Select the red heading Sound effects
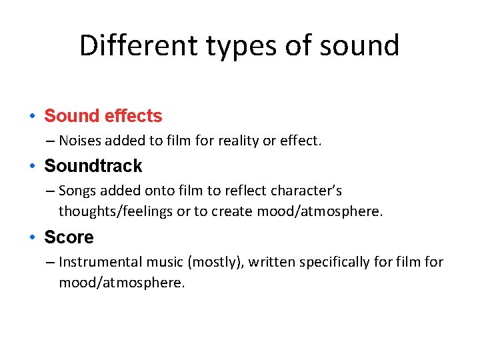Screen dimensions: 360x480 click(103, 116)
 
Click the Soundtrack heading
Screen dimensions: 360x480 click(93, 166)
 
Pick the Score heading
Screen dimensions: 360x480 click(69, 237)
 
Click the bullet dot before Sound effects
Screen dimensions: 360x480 click(32, 117)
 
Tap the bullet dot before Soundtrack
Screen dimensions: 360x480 click(32, 167)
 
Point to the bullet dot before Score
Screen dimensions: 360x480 click(32, 238)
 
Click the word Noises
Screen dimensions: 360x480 click(79, 140)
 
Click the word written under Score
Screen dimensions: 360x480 click(273, 262)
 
